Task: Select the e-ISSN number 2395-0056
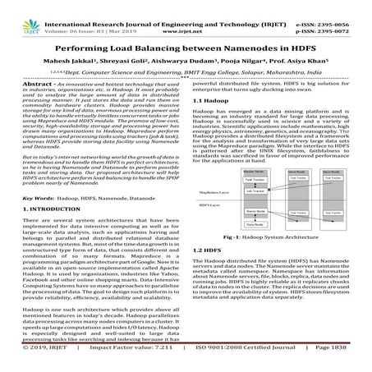(x=342, y=5)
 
